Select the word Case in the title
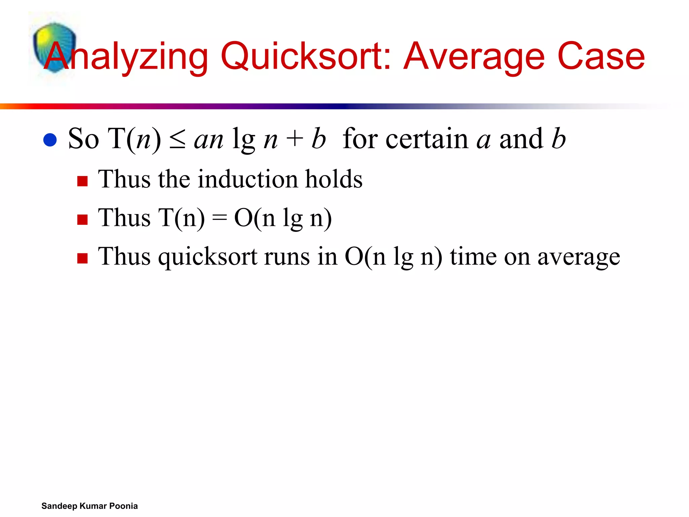(601, 56)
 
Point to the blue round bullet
(50, 140)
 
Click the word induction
(248, 179)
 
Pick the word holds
(334, 179)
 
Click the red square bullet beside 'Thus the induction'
(82, 181)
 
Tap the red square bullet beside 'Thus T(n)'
(82, 220)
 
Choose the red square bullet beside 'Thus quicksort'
(82, 258)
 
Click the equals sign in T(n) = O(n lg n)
(219, 218)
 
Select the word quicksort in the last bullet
(208, 257)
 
